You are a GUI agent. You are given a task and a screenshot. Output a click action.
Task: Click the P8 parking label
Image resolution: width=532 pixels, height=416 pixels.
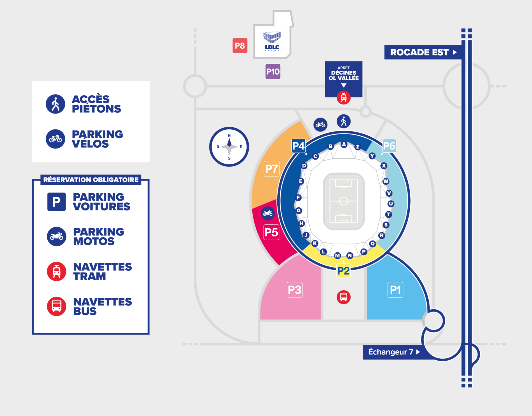[x=240, y=45]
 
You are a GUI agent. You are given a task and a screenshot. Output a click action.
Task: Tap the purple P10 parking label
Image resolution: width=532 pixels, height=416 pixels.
[x=273, y=71]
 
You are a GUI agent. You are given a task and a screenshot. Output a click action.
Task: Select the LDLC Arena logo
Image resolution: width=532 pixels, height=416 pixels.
[x=272, y=41]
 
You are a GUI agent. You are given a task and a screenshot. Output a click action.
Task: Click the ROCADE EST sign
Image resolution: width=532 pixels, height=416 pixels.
[x=423, y=52]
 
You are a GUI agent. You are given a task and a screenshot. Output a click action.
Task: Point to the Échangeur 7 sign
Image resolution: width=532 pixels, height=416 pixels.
[x=394, y=352]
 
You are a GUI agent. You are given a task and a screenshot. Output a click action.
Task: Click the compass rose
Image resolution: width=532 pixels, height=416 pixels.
[x=229, y=147]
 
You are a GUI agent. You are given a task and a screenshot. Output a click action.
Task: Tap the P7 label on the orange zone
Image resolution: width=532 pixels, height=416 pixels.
[x=272, y=169]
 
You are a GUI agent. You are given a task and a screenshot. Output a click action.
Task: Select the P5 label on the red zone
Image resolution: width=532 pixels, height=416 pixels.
[x=271, y=232]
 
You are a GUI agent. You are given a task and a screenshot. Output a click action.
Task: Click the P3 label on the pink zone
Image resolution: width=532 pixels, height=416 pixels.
[x=295, y=290]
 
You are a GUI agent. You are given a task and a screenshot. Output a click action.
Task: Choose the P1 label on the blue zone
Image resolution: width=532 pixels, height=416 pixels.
[x=395, y=290]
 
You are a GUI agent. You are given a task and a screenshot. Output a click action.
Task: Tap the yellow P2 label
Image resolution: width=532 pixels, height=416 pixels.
[x=343, y=271]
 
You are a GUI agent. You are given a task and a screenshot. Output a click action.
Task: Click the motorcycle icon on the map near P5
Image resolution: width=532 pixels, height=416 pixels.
[x=268, y=213]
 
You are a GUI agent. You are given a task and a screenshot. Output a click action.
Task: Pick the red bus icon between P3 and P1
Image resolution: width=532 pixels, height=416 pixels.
[x=344, y=297]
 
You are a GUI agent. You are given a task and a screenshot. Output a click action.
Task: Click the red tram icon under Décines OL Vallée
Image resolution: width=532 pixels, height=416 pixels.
[x=344, y=97]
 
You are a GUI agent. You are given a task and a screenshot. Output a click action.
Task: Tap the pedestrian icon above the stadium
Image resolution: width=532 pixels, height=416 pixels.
[x=344, y=121]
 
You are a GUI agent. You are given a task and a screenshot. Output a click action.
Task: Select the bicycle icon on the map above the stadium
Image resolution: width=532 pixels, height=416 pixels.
[x=320, y=124]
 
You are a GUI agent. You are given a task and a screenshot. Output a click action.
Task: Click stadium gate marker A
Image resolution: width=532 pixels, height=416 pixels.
[x=344, y=144]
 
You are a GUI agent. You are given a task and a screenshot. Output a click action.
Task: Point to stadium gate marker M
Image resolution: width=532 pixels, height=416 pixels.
[x=337, y=255]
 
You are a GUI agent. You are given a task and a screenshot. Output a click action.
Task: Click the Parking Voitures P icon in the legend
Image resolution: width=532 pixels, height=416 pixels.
[x=57, y=202]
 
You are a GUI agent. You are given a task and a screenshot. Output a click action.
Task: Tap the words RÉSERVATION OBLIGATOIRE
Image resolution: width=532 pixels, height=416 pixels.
[x=91, y=180]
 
